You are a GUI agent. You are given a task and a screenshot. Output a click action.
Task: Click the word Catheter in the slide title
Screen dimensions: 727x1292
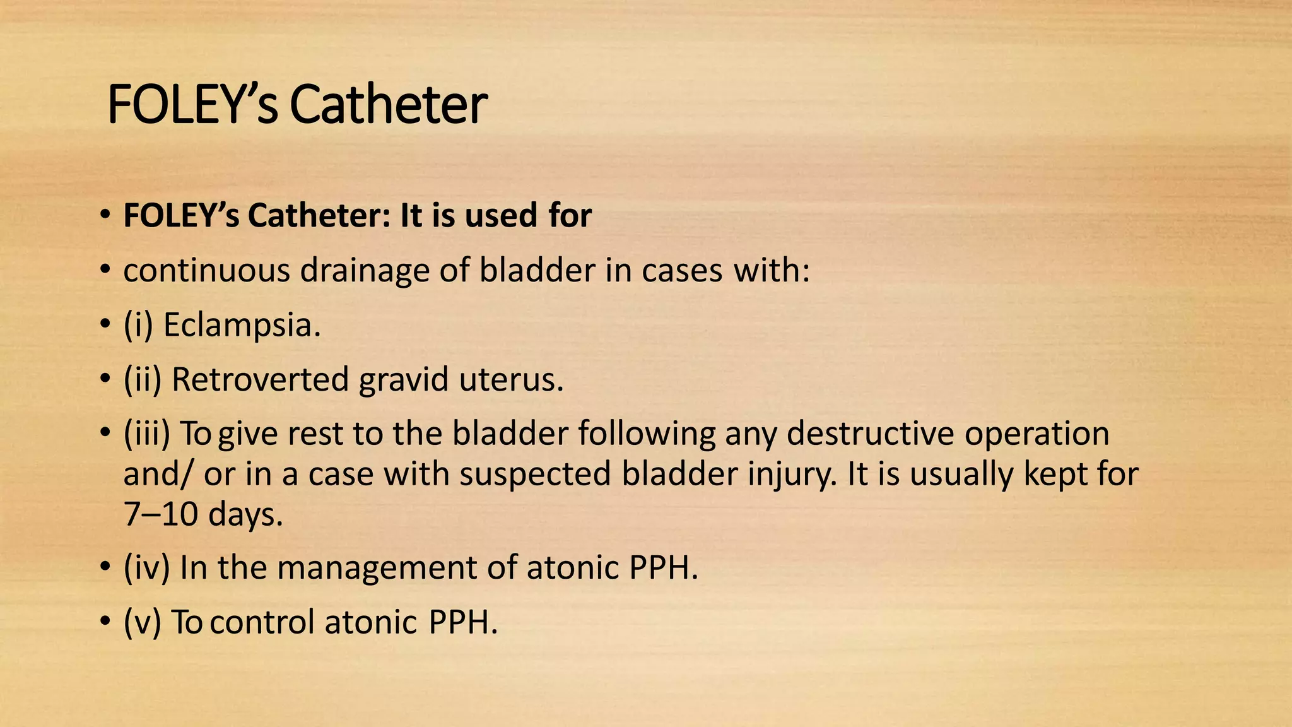tap(388, 105)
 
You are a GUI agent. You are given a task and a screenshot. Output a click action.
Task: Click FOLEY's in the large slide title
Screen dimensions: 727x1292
tap(192, 105)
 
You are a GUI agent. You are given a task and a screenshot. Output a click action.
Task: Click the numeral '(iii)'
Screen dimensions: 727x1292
tap(146, 434)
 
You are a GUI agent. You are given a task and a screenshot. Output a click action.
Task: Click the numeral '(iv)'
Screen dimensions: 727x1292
tap(146, 567)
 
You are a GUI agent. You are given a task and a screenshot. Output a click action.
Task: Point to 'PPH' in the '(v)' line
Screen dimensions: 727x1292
tap(463, 622)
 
